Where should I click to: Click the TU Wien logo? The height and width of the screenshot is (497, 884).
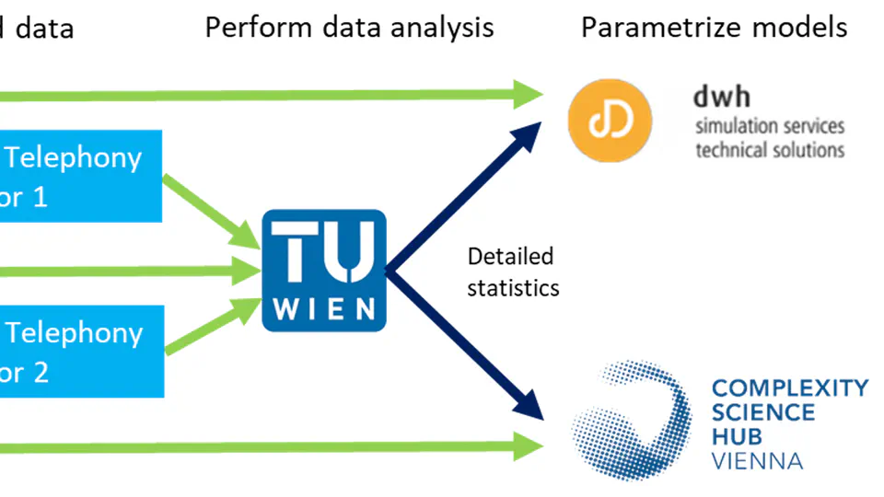click(324, 270)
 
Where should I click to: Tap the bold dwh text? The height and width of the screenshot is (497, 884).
click(722, 97)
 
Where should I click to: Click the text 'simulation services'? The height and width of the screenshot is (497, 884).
click(769, 126)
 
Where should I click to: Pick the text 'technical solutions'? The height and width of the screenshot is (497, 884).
click(769, 148)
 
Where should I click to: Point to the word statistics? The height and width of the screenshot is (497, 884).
click(513, 287)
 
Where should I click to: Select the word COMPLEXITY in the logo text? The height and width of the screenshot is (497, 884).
click(790, 387)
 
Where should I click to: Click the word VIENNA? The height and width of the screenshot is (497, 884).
click(758, 459)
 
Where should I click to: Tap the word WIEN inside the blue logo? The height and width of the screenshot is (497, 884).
click(324, 307)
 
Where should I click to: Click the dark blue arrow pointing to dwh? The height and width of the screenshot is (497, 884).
click(470, 184)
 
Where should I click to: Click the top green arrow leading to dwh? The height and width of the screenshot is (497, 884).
click(276, 92)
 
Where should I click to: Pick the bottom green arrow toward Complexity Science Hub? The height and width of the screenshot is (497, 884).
click(276, 447)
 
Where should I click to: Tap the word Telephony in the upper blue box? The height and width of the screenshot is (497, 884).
click(74, 157)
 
